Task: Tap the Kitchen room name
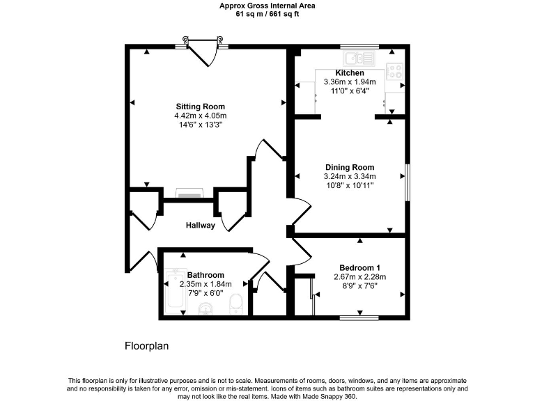350,73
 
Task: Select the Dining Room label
350,167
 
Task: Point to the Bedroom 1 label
359,268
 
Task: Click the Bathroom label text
206,275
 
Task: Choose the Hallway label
200,226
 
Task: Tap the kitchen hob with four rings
395,70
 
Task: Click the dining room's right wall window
407,183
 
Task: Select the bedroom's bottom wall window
359,318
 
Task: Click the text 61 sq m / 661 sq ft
267,13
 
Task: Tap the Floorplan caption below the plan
147,345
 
